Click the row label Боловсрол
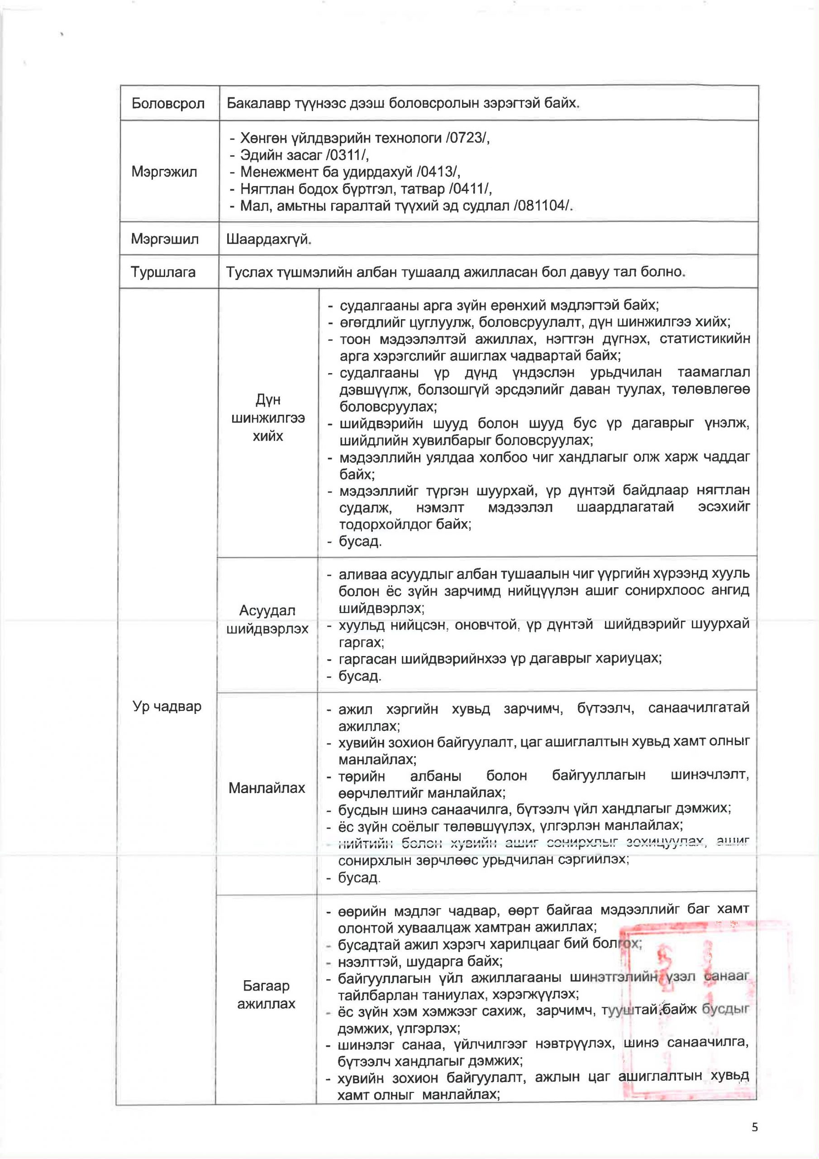[x=167, y=104]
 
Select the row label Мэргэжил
[x=164, y=172]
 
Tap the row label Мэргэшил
[x=165, y=238]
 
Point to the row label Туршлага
[x=163, y=272]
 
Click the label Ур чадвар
[x=167, y=706]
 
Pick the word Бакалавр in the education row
[x=254, y=104]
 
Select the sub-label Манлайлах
[x=267, y=787]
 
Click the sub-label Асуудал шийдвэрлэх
[x=267, y=620]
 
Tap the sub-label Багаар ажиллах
[x=266, y=995]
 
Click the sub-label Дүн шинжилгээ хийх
[x=267, y=418]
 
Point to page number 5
[x=754, y=1127]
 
